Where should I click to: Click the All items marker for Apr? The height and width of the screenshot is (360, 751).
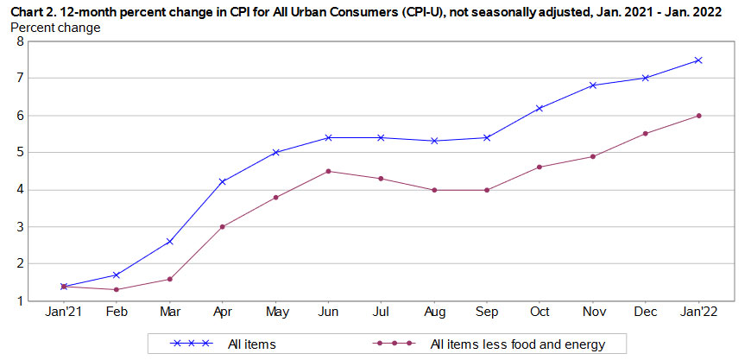[223, 181]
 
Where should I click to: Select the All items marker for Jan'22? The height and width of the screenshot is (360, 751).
[698, 60]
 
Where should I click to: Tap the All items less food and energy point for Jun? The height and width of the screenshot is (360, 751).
[328, 171]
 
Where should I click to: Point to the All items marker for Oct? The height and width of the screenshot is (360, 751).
[540, 108]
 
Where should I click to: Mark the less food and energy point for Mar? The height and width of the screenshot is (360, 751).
[169, 279]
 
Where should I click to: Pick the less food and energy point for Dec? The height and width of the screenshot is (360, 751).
[646, 133]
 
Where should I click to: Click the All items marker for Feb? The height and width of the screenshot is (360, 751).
[117, 275]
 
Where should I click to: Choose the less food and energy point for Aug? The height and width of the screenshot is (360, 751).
[433, 190]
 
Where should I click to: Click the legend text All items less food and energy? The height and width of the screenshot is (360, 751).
[517, 344]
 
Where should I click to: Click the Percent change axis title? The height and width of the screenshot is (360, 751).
[54, 28]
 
